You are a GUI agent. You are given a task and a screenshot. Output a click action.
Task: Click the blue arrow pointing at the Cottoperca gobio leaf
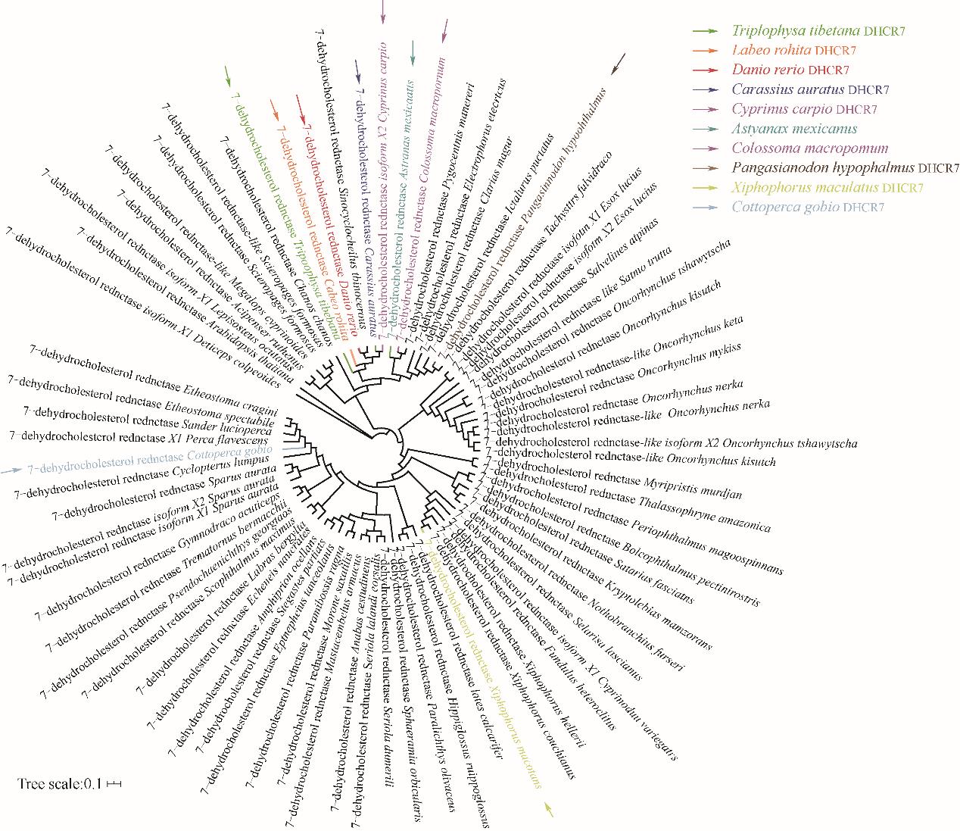click(11, 470)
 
